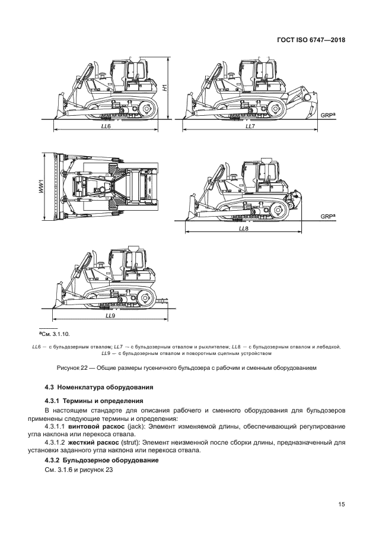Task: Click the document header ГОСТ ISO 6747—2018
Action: click(x=311, y=40)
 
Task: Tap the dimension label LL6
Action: click(x=106, y=126)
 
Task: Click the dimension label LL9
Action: click(x=110, y=316)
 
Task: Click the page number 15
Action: click(x=341, y=505)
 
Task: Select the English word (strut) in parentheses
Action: click(x=129, y=443)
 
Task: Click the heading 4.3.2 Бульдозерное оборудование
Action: click(x=101, y=460)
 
